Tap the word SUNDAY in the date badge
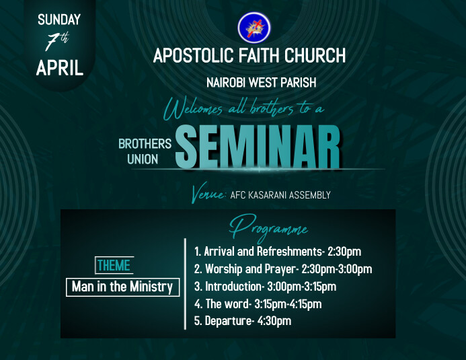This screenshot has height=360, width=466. pos(59,19)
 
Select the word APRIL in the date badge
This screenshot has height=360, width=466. pos(59,68)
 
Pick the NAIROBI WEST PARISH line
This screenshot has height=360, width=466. pos(261,83)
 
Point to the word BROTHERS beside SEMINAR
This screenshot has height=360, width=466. pos(145,143)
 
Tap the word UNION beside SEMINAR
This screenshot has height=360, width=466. pos(143,159)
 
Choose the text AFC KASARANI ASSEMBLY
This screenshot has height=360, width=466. pos(280,195)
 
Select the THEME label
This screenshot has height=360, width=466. pos(114,265)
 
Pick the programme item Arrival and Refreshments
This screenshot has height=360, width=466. pos(259,252)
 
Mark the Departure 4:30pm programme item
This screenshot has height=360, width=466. pos(242,321)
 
